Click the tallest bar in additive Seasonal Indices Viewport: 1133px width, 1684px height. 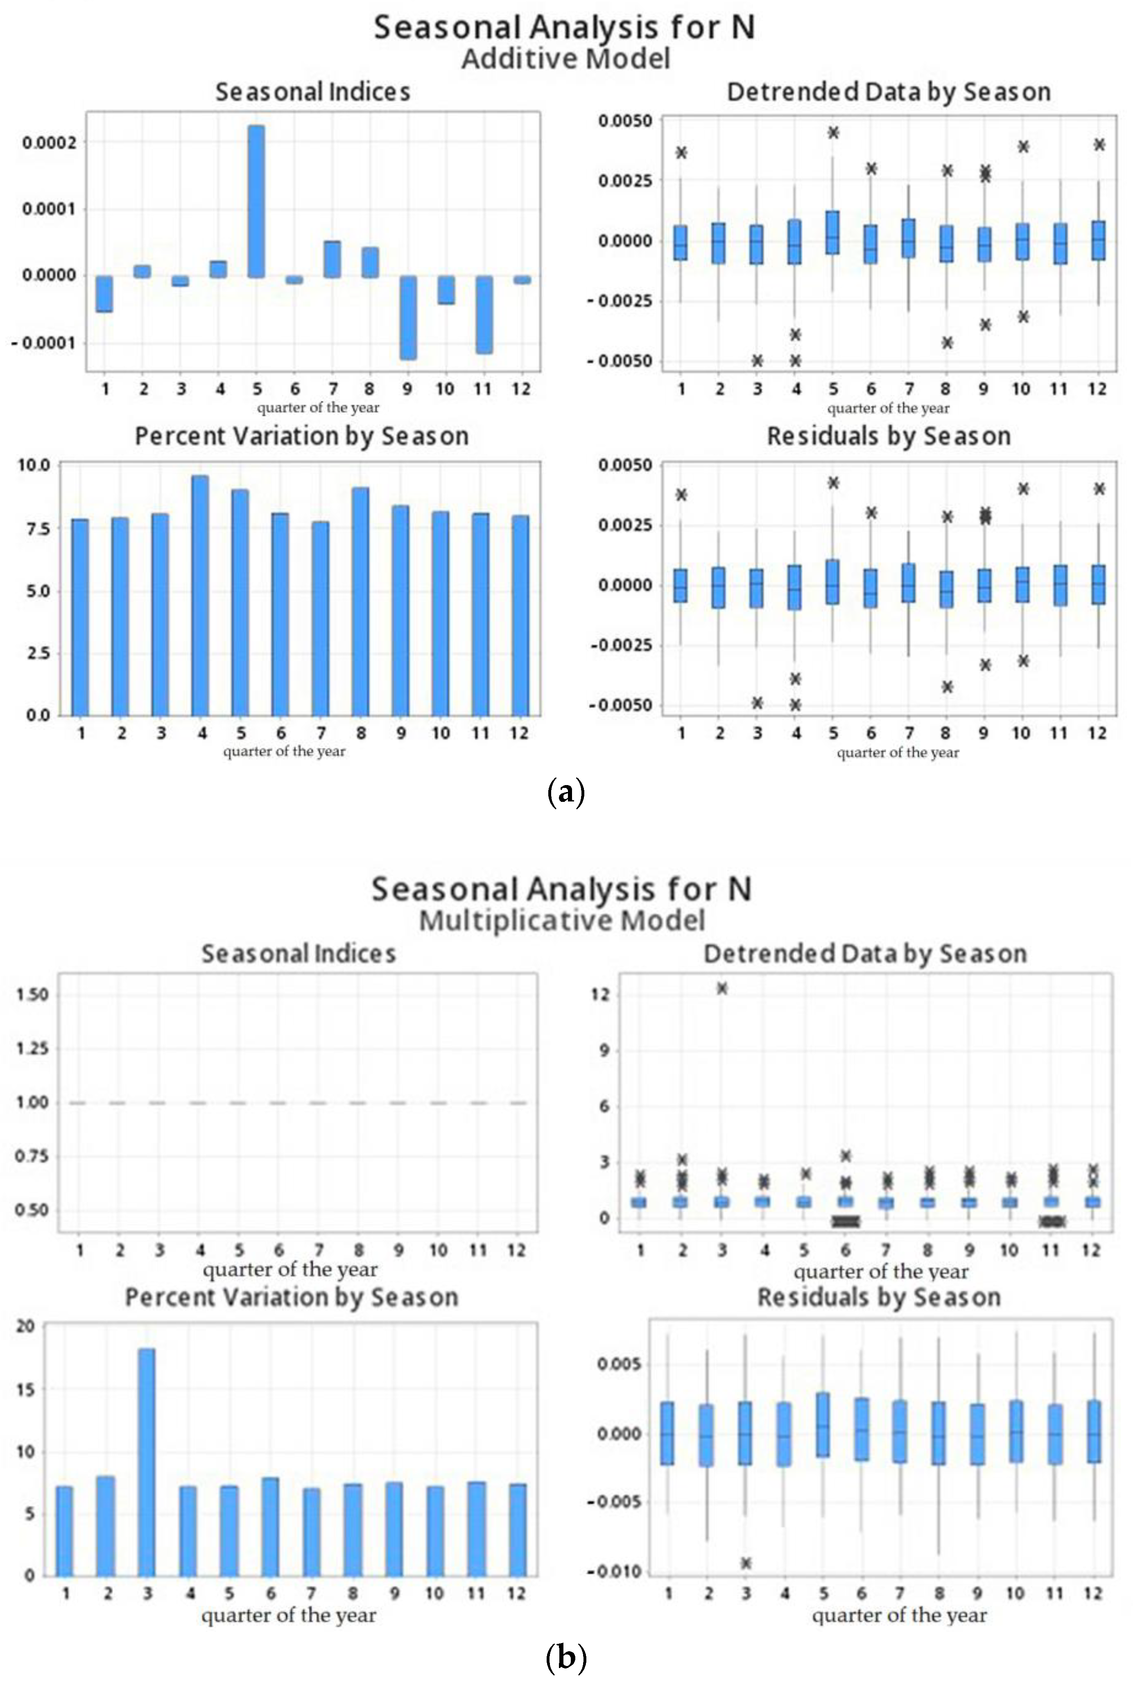256,201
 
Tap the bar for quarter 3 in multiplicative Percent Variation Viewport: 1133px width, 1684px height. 147,1461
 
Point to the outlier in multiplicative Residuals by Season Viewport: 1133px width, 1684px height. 746,1563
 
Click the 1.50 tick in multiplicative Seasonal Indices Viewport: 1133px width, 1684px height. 32,994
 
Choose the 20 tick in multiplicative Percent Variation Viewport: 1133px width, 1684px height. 26,1326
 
